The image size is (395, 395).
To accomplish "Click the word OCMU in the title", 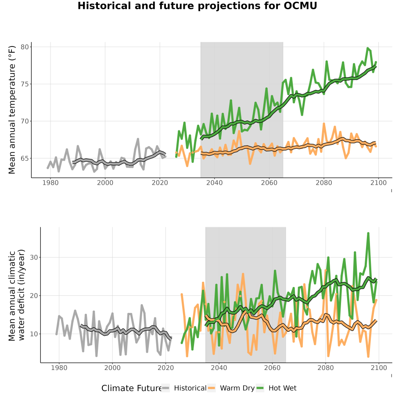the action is pos(300,6).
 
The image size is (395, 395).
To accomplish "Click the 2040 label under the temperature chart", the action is pos(214,183).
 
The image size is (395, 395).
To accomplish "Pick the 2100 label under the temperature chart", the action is pos(379,183).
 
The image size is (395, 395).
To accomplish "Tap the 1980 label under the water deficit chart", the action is pos(59,368).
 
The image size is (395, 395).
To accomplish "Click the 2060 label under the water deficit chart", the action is pos(272,368).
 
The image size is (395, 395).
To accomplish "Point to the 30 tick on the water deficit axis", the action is pos(34,258).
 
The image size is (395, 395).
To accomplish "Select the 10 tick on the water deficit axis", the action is pos(34,334).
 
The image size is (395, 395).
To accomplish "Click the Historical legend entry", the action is pos(184,388).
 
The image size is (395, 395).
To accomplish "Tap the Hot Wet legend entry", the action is pos(276,388).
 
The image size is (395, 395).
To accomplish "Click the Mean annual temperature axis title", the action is pos(12,110).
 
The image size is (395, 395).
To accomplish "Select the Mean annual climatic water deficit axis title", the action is pos(16,295).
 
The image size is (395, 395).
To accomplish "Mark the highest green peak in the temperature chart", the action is pos(368,48).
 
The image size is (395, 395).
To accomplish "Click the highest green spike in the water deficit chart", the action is pos(368,233).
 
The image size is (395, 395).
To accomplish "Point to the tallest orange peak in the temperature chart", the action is pos(324,124).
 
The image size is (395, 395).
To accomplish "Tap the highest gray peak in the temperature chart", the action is pos(138,139).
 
